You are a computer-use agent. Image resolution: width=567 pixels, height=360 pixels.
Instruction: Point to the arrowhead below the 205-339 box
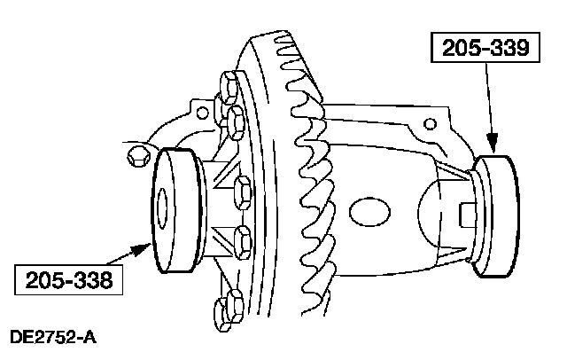coord(494,143)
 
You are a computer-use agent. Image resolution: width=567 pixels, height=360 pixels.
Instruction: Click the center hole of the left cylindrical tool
coord(162,213)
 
